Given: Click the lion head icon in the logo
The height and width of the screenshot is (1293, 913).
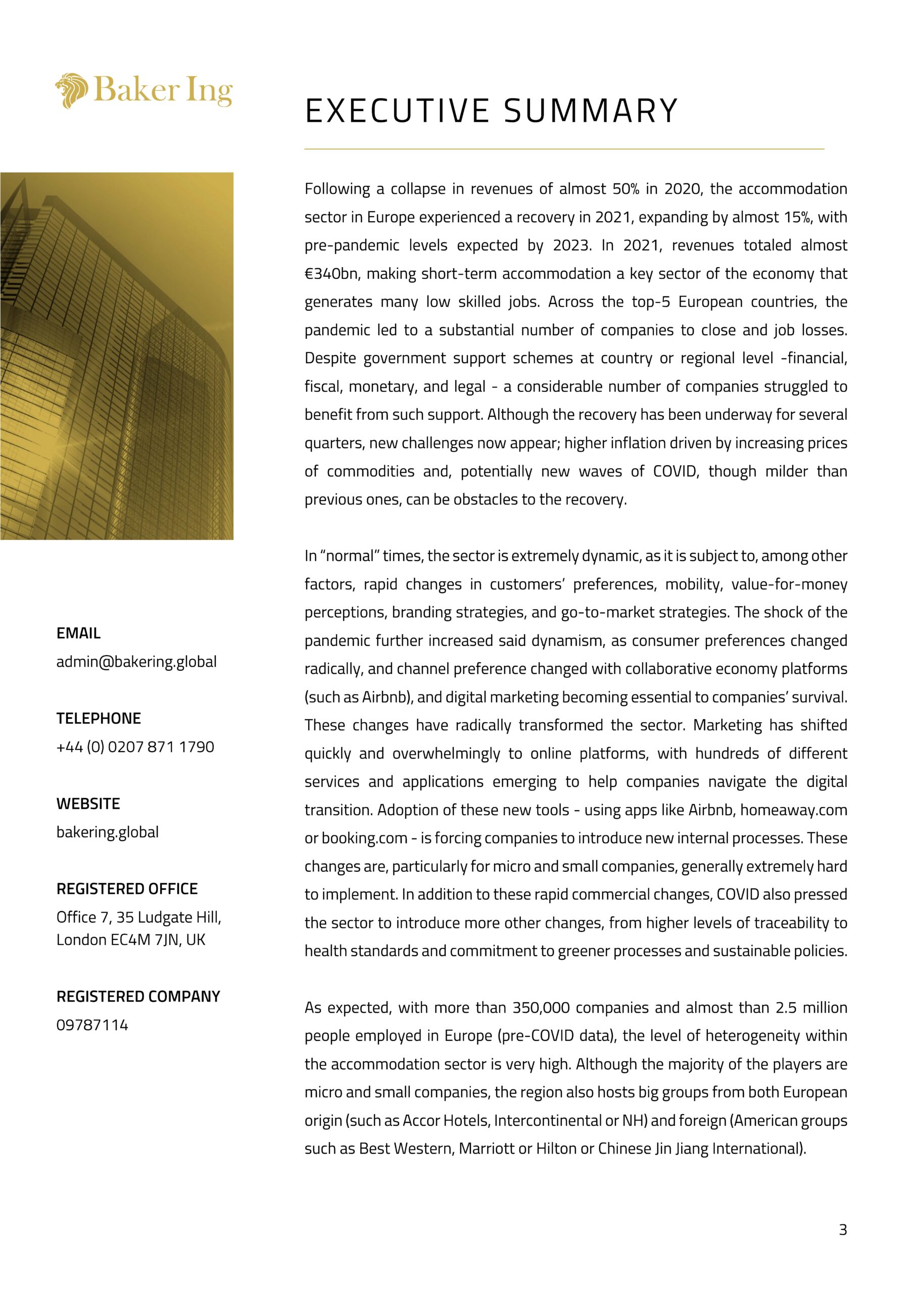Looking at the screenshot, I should [72, 90].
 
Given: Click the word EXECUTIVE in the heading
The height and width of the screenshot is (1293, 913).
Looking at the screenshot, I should [397, 111].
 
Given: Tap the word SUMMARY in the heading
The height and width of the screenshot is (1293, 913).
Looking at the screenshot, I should [591, 111].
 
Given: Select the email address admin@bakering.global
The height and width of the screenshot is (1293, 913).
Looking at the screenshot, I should [136, 662].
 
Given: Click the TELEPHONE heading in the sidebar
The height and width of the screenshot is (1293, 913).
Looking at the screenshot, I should [99, 719].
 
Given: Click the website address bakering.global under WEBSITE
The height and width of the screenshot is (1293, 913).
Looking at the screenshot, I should [108, 832].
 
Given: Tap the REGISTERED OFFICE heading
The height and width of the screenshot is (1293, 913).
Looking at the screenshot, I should [127, 888].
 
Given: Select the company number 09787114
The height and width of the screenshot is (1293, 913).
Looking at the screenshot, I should [92, 1025].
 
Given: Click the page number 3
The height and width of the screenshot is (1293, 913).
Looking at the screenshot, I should [843, 1230].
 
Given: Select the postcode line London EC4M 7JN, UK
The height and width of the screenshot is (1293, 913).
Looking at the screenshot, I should [131, 939].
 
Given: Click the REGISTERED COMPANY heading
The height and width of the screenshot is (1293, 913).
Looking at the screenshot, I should [138, 997].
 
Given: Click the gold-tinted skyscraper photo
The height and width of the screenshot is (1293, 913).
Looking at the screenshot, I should [117, 356].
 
